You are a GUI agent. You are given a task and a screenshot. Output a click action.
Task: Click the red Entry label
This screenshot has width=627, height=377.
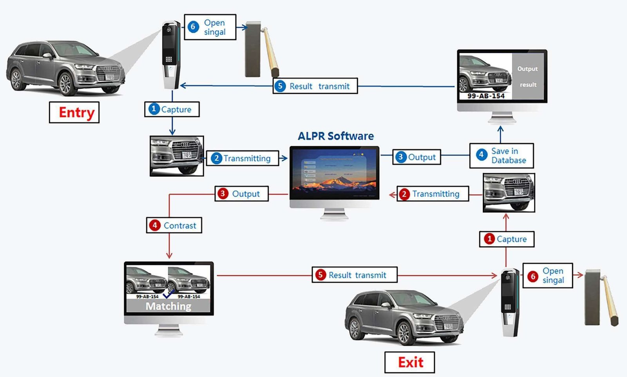[x=74, y=112]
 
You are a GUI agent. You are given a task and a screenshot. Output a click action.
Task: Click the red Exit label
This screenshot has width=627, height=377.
[x=410, y=362]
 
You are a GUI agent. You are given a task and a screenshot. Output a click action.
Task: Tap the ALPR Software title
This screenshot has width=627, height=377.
[x=335, y=136]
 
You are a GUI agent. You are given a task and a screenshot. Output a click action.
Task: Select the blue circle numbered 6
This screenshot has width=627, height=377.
[x=193, y=27]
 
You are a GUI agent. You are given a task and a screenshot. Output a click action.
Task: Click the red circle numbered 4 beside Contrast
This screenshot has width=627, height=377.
[x=155, y=225]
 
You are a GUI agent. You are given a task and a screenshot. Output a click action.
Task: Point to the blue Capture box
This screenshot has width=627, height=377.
[x=172, y=109]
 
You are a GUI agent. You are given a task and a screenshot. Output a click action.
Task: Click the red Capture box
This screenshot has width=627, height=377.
[x=507, y=239]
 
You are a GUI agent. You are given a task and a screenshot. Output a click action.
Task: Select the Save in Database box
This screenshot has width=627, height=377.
[x=502, y=156]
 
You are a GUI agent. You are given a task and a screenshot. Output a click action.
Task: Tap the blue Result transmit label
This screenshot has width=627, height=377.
[x=315, y=86]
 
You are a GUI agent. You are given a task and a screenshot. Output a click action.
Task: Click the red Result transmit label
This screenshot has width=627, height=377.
[x=355, y=275]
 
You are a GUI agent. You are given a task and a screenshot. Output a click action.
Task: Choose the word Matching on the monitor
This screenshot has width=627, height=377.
[x=169, y=306]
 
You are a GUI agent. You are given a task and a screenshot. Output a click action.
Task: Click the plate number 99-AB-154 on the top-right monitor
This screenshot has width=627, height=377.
[x=486, y=96]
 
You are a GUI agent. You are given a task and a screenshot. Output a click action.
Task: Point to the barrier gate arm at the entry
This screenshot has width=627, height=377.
[x=271, y=51]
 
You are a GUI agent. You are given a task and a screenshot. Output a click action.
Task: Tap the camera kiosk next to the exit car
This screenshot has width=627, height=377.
[x=510, y=302]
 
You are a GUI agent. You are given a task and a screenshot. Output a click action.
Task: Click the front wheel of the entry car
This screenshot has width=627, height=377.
[x=65, y=83]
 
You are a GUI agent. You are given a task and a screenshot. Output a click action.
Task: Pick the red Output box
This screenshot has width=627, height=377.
[x=241, y=194]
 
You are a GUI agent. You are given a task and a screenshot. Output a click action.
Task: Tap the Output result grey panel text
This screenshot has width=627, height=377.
[x=527, y=76]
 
